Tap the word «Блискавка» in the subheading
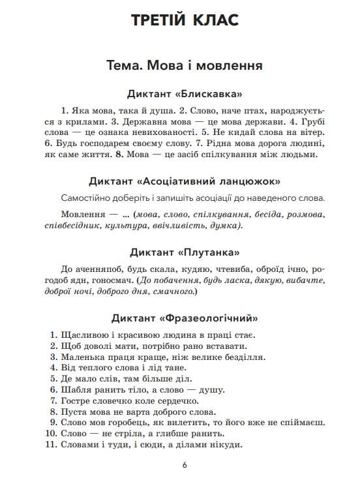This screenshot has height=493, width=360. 211,94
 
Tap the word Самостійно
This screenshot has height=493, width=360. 87,198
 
